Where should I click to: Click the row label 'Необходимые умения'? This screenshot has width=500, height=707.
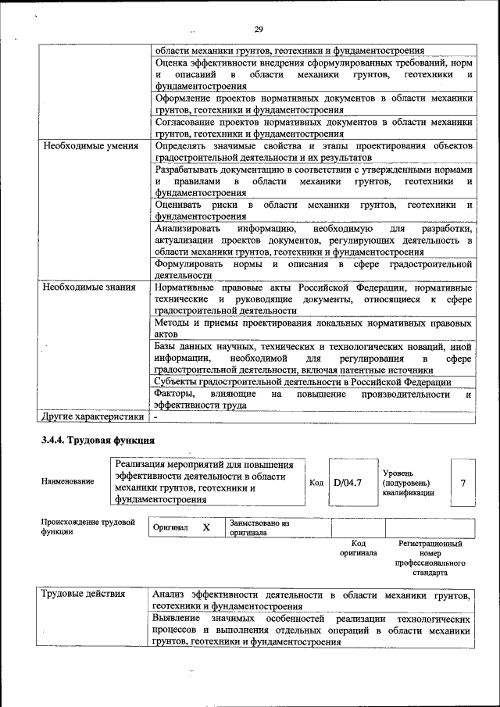[91, 146]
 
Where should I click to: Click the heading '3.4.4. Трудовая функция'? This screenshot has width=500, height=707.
[98, 441]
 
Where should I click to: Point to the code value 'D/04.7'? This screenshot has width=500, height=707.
[348, 483]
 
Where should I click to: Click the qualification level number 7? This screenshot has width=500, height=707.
[463, 483]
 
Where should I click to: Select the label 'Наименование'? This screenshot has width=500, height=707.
[68, 481]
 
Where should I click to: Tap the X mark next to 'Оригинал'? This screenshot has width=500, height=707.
[206, 527]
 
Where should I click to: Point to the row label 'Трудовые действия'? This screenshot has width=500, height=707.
[84, 594]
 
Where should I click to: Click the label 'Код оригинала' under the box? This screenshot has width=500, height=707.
[358, 548]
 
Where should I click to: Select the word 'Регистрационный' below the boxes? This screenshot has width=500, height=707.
[430, 543]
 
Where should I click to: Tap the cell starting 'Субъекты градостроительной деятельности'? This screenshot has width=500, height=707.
[302, 381]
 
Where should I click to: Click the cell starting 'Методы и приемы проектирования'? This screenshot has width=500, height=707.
[312, 328]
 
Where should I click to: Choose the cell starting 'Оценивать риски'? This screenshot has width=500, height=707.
[312, 209]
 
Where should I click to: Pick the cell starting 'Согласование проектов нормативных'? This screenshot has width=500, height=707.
[312, 127]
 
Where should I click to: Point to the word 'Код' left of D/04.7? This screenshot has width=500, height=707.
[316, 483]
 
